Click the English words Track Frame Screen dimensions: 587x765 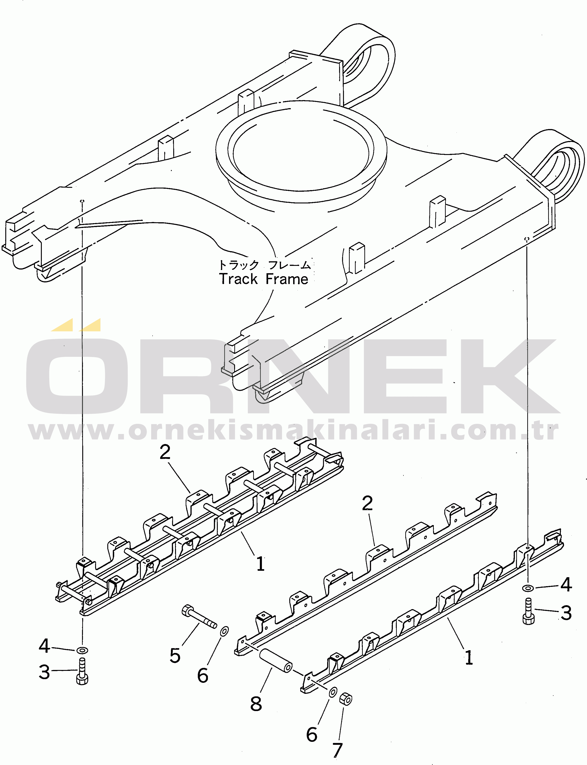(x=264, y=279)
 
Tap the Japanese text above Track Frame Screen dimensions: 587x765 (x=264, y=265)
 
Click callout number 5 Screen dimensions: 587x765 (x=175, y=655)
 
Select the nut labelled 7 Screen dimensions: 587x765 (x=346, y=699)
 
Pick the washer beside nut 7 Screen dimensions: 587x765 (x=333, y=692)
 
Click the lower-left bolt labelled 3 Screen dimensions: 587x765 (x=82, y=672)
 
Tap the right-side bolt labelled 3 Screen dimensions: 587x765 (x=528, y=611)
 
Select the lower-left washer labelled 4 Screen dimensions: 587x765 (x=82, y=650)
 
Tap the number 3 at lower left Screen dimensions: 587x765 (x=44, y=672)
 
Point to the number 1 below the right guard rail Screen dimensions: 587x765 (x=469, y=658)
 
